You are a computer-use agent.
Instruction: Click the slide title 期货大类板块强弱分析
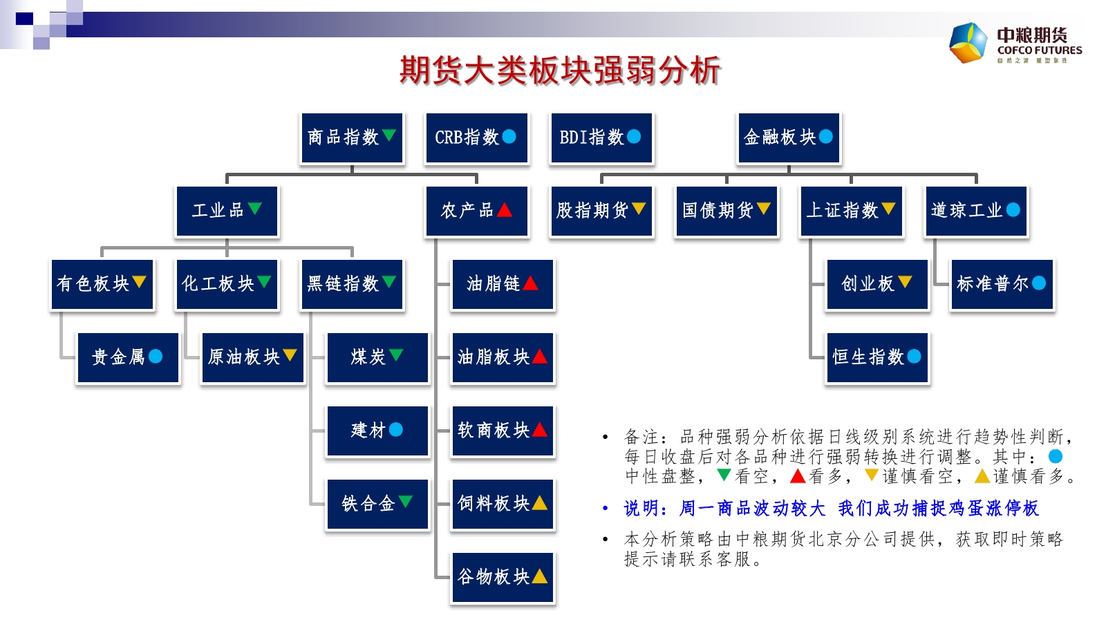(559, 70)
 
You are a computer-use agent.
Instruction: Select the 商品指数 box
(352, 138)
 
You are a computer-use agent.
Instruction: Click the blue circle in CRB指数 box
(509, 137)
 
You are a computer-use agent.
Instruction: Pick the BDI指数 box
(601, 138)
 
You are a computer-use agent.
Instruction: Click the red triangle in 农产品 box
(505, 209)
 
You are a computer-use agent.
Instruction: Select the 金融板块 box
(789, 138)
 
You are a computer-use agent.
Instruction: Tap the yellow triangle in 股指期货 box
(638, 208)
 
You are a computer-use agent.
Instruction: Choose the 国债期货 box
(726, 211)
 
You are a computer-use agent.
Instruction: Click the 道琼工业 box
(975, 211)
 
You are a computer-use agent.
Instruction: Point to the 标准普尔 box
(1002, 284)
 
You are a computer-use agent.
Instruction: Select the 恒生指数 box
(877, 357)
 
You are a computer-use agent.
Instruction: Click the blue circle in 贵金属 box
(156, 356)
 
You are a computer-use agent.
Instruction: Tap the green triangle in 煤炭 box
(396, 355)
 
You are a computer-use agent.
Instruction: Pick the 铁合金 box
(377, 504)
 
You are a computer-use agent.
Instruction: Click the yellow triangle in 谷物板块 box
(539, 576)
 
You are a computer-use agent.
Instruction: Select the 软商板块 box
(502, 431)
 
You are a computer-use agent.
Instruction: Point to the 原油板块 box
(252, 357)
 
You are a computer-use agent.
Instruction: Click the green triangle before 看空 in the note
(724, 475)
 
